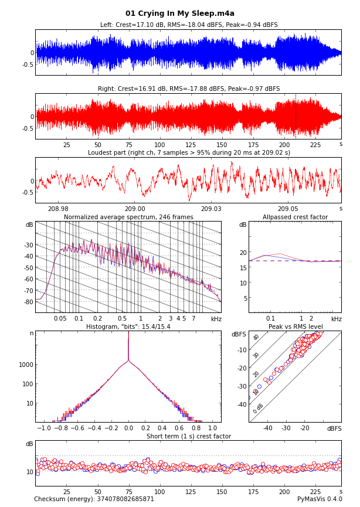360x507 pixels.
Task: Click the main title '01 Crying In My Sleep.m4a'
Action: pos(180,13)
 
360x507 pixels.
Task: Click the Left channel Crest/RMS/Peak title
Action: pos(189,25)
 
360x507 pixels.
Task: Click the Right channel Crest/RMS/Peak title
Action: pos(189,89)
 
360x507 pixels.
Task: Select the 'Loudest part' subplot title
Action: pos(189,153)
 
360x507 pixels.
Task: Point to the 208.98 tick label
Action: pos(58,209)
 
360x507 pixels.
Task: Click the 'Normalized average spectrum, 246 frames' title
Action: pos(128,217)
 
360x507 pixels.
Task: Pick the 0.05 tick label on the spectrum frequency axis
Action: pos(60,319)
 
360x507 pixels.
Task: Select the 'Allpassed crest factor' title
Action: pos(295,217)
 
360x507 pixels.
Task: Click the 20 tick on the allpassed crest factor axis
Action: pos(243,253)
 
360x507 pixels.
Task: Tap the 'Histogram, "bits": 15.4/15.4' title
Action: pos(128,326)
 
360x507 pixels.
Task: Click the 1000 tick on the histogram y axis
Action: pos(25,365)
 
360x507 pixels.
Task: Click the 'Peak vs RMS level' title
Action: pos(296,326)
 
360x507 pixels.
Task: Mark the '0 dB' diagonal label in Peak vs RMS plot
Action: pos(258,408)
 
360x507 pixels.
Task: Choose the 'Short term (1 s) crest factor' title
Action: pos(189,436)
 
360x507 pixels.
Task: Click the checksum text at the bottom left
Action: pos(94,499)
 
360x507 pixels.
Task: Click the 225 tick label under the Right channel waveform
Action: pos(315,145)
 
